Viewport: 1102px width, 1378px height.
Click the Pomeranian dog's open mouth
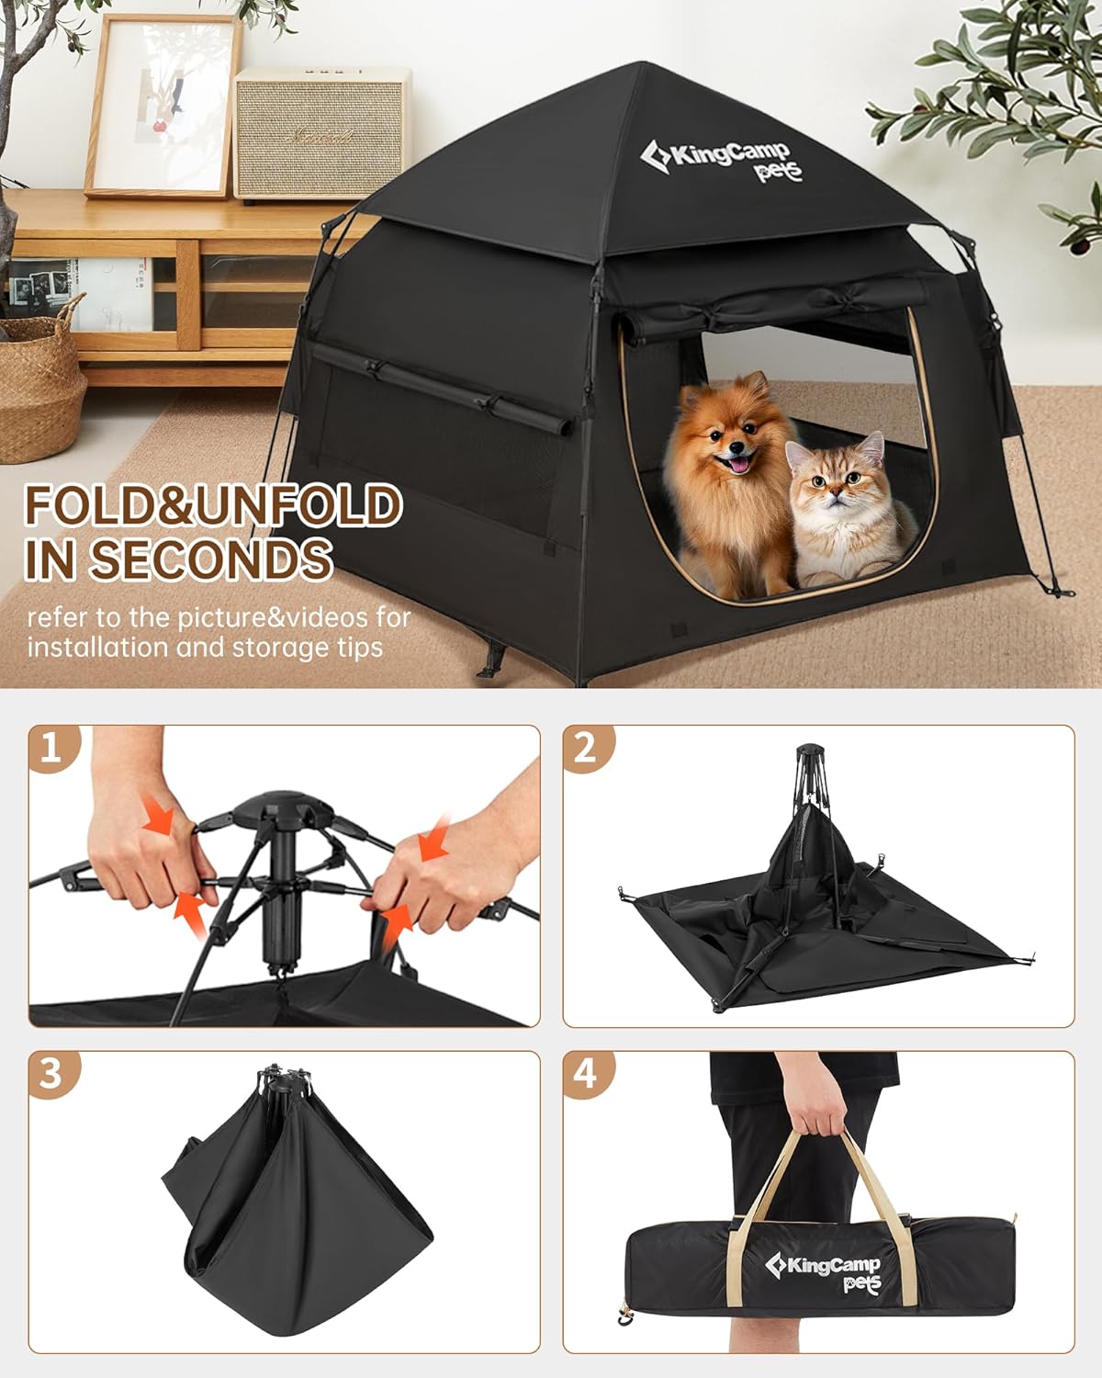738,463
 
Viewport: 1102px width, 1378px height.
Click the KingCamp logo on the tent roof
721,162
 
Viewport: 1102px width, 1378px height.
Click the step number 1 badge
54,748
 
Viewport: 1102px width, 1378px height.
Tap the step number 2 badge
588,748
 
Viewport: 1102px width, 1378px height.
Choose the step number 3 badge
54,1074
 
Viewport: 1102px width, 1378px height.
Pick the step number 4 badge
588,1074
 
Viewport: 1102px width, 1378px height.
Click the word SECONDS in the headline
210,559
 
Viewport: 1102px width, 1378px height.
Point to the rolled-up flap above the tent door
775,309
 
